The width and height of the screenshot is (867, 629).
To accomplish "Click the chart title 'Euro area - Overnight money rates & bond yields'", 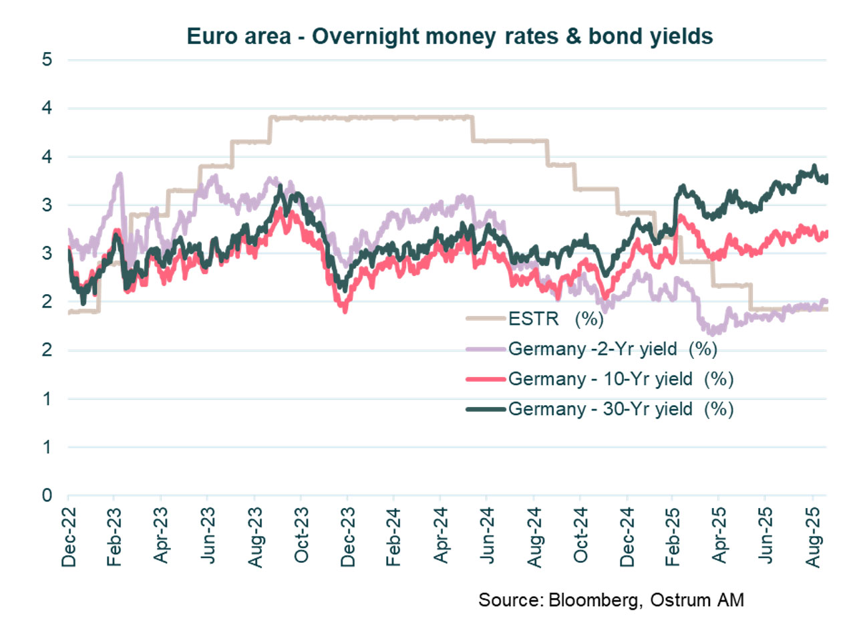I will click(x=450, y=36).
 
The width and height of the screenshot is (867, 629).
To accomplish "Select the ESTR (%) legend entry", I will click(x=556, y=318).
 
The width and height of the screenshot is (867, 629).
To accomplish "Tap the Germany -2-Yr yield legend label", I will click(x=613, y=348).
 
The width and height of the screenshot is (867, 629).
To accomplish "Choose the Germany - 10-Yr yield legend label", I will click(x=621, y=379).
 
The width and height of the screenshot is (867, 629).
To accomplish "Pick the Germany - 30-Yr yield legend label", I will click(x=621, y=408).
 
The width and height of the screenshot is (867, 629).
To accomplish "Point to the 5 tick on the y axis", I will click(x=47, y=59).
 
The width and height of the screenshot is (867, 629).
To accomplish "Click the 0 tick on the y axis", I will click(x=47, y=495).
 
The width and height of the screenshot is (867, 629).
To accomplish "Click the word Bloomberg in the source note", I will click(x=592, y=600).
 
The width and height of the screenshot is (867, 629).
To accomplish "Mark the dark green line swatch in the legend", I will click(x=486, y=408).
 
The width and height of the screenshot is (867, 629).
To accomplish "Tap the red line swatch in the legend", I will click(x=486, y=379).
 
